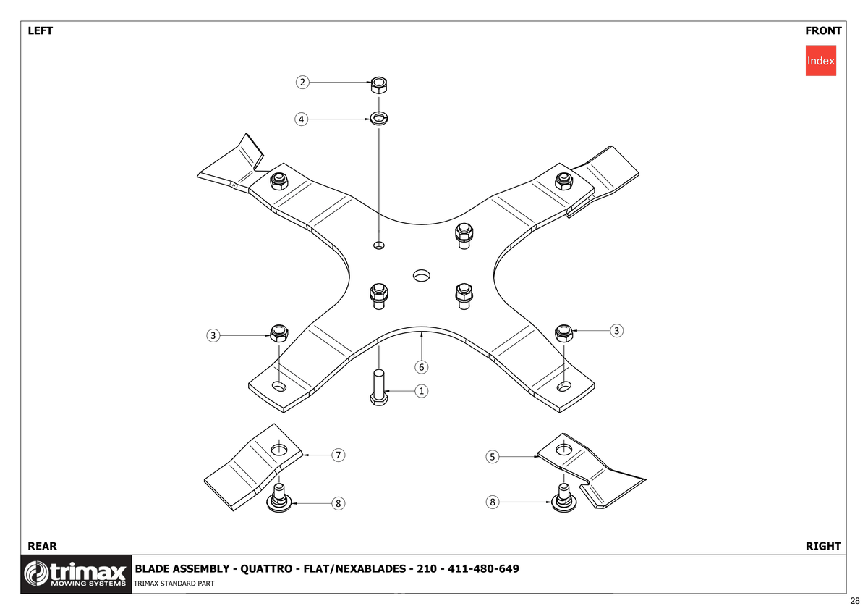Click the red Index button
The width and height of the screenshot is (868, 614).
(820, 61)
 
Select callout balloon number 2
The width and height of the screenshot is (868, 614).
(302, 83)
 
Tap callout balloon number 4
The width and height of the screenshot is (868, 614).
(301, 119)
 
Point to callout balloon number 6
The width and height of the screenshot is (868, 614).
(421, 367)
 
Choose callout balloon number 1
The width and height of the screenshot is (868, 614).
(421, 390)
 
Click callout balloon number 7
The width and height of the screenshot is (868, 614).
(339, 455)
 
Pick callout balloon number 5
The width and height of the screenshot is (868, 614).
(492, 457)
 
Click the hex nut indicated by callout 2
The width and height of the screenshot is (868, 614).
(378, 85)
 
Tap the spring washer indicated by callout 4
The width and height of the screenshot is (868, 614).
(378, 118)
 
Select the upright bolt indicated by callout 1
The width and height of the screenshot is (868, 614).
(378, 387)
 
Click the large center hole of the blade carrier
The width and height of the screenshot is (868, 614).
(421, 275)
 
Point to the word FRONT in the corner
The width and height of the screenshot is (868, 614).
(823, 30)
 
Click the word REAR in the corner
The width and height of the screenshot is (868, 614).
(42, 546)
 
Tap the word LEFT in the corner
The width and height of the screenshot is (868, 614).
(41, 30)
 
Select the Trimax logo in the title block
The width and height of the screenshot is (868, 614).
(76, 573)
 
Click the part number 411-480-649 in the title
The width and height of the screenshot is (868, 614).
(483, 568)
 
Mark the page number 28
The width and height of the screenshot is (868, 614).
(855, 601)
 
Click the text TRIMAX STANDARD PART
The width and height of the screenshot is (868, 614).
(174, 584)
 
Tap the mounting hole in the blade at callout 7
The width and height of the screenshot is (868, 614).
(278, 450)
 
